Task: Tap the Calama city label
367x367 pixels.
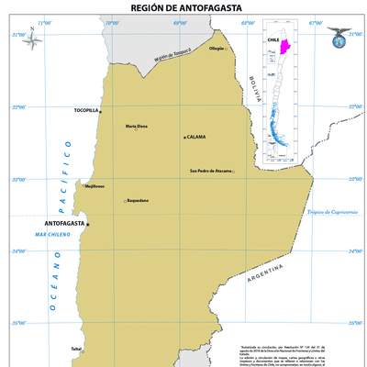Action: click(195, 137)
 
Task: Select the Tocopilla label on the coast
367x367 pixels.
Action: click(85, 110)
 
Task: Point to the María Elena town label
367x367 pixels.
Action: click(137, 126)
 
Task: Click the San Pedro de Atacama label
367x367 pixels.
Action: click(210, 171)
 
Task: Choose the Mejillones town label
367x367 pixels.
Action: click(94, 185)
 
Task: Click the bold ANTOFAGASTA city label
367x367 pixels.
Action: click(64, 223)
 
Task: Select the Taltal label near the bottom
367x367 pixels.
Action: click(76, 349)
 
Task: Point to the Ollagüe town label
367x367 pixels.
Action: click(217, 49)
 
